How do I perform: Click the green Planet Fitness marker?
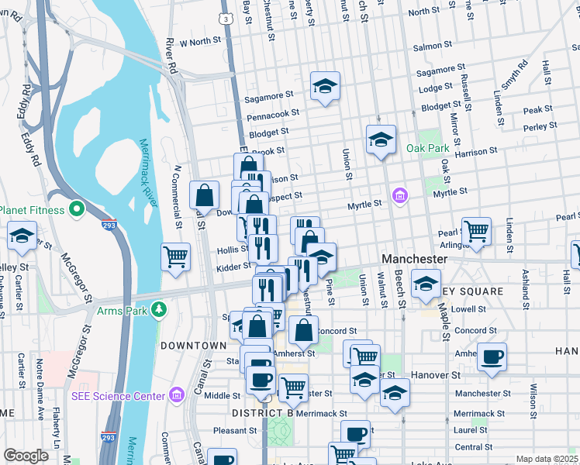(x=76, y=209)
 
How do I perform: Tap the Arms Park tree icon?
(x=159, y=310)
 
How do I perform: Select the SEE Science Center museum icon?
(x=176, y=396)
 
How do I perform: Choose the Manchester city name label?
(x=414, y=259)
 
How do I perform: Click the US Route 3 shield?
(x=224, y=17)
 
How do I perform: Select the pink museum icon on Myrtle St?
(x=400, y=194)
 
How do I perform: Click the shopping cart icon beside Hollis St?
(x=176, y=257)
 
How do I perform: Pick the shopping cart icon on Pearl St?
(x=476, y=230)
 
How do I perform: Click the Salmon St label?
(x=427, y=47)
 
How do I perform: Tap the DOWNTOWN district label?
(x=193, y=345)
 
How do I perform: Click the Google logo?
(x=26, y=456)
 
